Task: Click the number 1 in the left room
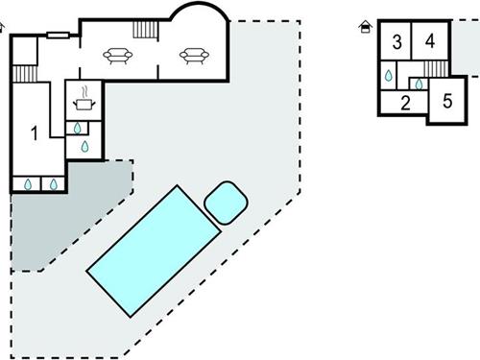pyautogui.click(x=35, y=133)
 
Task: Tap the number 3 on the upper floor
pyautogui.click(x=396, y=41)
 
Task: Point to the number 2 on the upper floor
pyautogui.click(x=405, y=103)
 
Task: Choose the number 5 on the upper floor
pyautogui.click(x=447, y=100)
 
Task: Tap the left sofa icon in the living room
pyautogui.click(x=119, y=56)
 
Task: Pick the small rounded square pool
pyautogui.click(x=227, y=202)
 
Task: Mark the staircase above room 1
pyautogui.click(x=25, y=74)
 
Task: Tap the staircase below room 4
pyautogui.click(x=437, y=70)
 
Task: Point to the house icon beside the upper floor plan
pyautogui.click(x=364, y=27)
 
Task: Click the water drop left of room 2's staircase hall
pyautogui.click(x=389, y=75)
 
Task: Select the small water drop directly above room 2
pyautogui.click(x=417, y=84)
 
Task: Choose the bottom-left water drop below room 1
pyautogui.click(x=28, y=183)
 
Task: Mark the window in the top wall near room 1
pyautogui.click(x=57, y=35)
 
